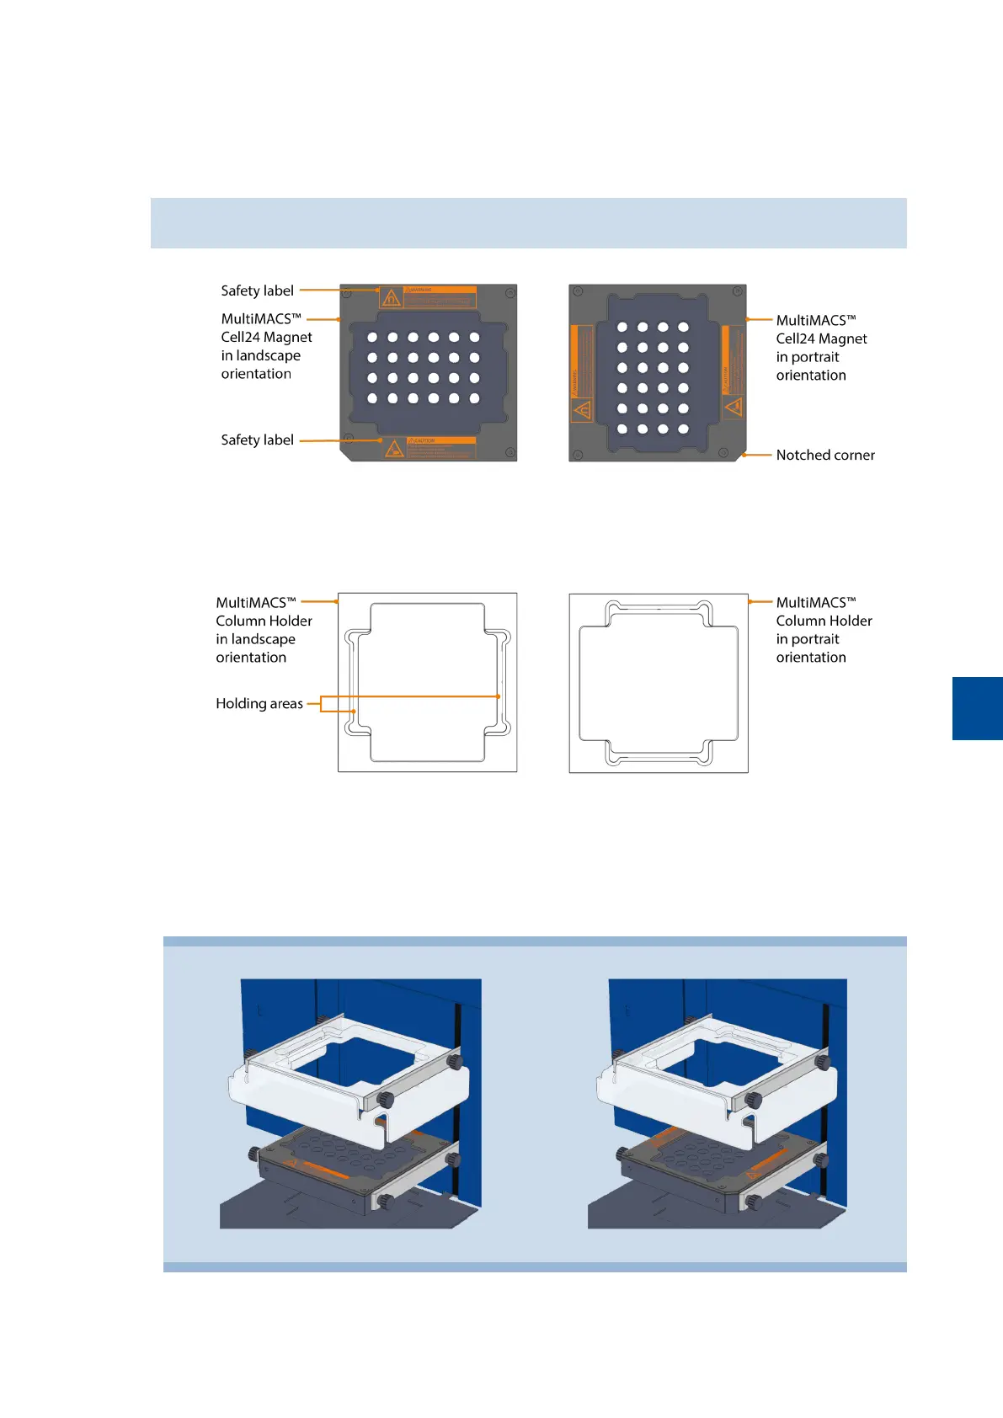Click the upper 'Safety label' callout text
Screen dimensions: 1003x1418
(257, 291)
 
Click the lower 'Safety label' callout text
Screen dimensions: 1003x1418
(257, 440)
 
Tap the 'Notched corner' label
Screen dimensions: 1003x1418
(824, 455)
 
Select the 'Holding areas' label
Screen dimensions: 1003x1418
(259, 703)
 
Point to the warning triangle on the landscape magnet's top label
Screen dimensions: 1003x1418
(391, 298)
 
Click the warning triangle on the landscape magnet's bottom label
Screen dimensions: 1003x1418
(393, 449)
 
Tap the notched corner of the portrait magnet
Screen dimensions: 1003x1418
(742, 455)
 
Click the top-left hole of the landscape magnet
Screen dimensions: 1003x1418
(372, 338)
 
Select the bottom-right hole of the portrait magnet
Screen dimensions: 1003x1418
(683, 429)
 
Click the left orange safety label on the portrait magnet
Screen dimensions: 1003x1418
(581, 374)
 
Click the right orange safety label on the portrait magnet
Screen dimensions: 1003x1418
(733, 373)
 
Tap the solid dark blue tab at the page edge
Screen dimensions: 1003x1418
(977, 708)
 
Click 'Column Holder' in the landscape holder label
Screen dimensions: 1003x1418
(264, 621)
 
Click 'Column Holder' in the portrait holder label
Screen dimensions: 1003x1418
(824, 621)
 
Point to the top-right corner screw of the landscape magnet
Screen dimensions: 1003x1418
(509, 293)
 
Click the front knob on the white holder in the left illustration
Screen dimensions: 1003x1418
(386, 1099)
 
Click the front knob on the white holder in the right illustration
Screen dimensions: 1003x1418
(753, 1100)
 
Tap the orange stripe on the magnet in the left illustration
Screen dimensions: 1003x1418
(325, 1171)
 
